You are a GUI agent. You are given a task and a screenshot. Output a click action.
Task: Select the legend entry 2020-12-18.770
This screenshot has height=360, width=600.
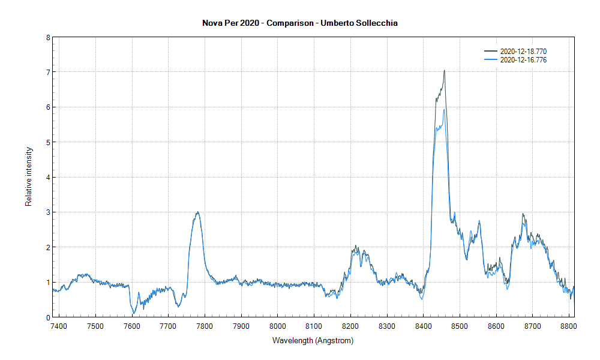pyautogui.click(x=523, y=52)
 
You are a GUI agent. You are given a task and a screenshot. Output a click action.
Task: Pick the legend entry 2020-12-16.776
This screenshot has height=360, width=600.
pyautogui.click(x=523, y=60)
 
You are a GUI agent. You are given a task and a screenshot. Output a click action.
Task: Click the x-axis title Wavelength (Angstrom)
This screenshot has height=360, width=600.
pyautogui.click(x=313, y=341)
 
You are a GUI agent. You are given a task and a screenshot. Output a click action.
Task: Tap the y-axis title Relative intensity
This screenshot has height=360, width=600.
pyautogui.click(x=28, y=177)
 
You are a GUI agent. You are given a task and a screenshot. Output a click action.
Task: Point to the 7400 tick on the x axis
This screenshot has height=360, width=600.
pyautogui.click(x=59, y=326)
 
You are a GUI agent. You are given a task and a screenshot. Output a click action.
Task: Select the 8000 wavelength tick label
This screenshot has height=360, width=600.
pyautogui.click(x=277, y=326)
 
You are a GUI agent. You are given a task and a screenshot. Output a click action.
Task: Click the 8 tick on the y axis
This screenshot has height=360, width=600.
pyautogui.click(x=47, y=37)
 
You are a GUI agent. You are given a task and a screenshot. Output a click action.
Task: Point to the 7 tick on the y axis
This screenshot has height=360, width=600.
pyautogui.click(x=47, y=72)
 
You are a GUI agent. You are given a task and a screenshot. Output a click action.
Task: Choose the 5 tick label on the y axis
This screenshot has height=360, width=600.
pyautogui.click(x=47, y=142)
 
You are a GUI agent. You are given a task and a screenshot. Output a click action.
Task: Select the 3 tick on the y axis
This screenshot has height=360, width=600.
pyautogui.click(x=47, y=212)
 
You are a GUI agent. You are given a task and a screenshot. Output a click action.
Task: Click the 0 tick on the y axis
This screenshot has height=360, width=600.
pyautogui.click(x=47, y=317)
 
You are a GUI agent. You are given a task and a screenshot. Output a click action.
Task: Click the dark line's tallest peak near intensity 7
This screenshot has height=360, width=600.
pyautogui.click(x=444, y=70)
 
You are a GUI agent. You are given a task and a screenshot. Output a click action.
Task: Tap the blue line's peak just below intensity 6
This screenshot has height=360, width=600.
pyautogui.click(x=443, y=109)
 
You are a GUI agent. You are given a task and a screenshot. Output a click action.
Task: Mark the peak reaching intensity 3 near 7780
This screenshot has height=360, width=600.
pyautogui.click(x=197, y=212)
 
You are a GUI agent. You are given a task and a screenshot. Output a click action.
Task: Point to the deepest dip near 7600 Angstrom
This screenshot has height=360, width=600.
pyautogui.click(x=134, y=313)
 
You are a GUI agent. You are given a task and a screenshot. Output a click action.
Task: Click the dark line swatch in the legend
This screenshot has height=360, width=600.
pyautogui.click(x=490, y=52)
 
